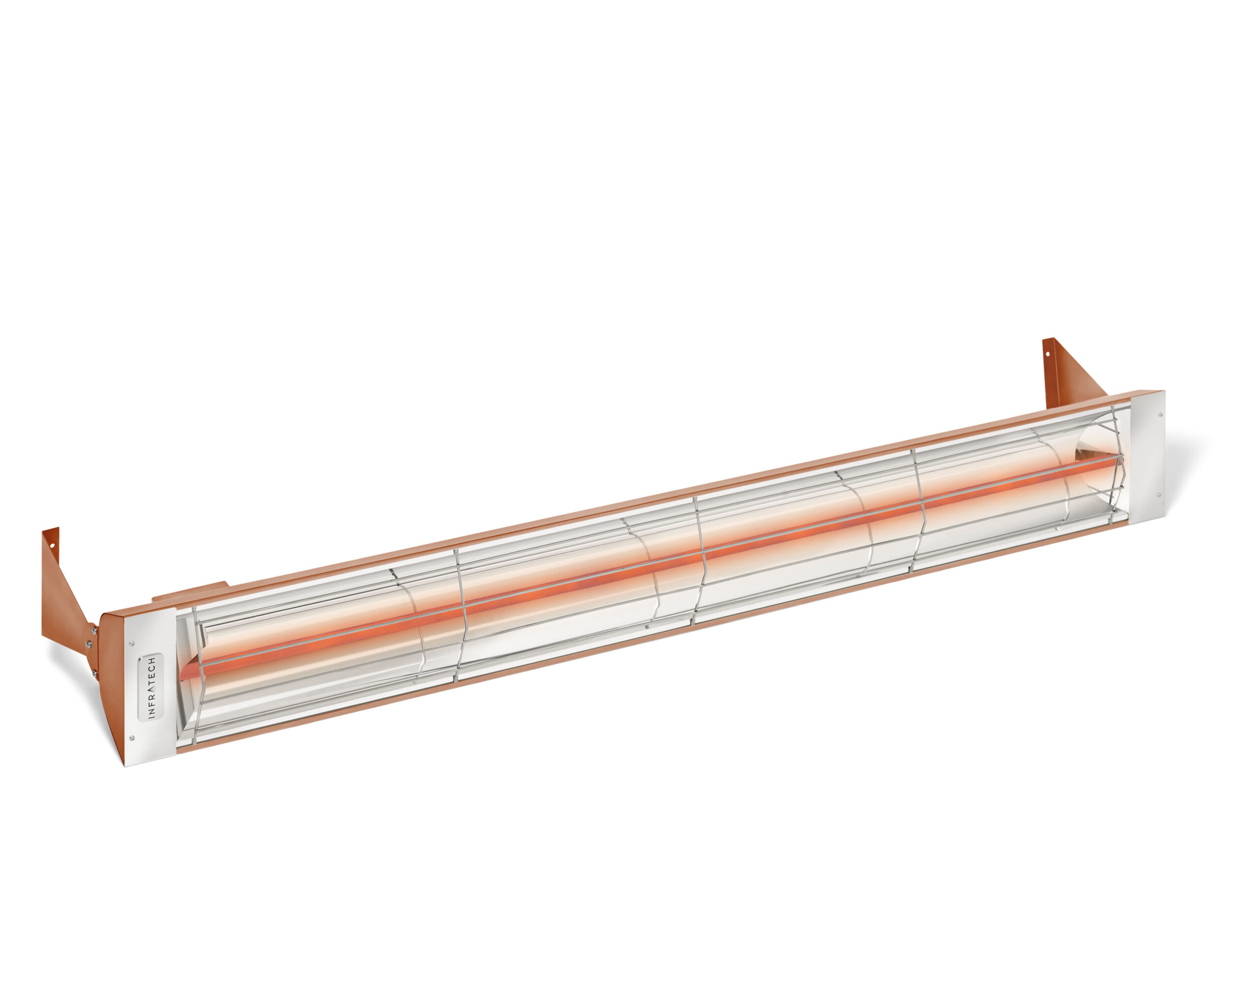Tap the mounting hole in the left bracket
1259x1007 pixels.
[x=52, y=546]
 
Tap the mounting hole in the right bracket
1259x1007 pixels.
[x=1047, y=353]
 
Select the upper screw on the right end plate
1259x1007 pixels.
[x=1159, y=415]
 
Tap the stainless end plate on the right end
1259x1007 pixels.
[x=1144, y=455]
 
